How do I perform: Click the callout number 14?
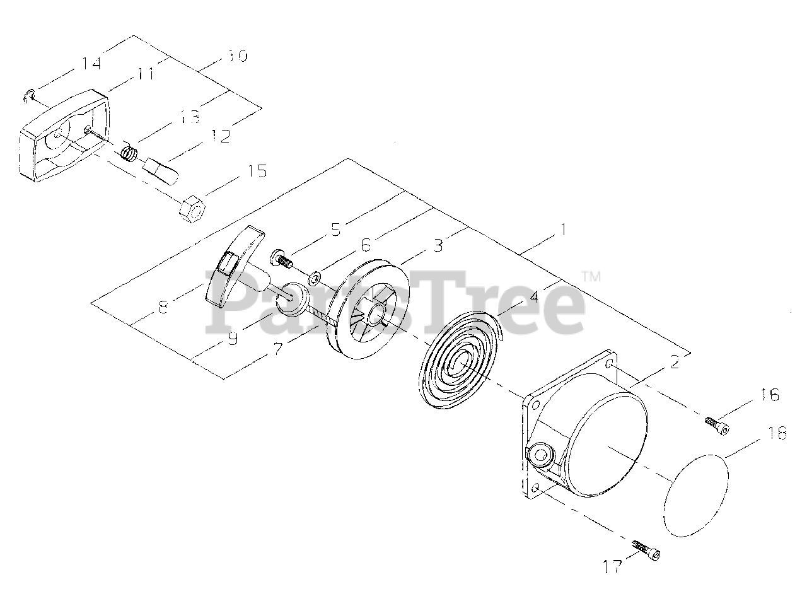[91, 63]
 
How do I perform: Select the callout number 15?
[256, 171]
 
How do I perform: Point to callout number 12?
[221, 136]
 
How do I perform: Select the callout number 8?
[163, 306]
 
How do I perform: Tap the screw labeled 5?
[282, 259]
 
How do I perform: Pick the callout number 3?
[438, 246]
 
